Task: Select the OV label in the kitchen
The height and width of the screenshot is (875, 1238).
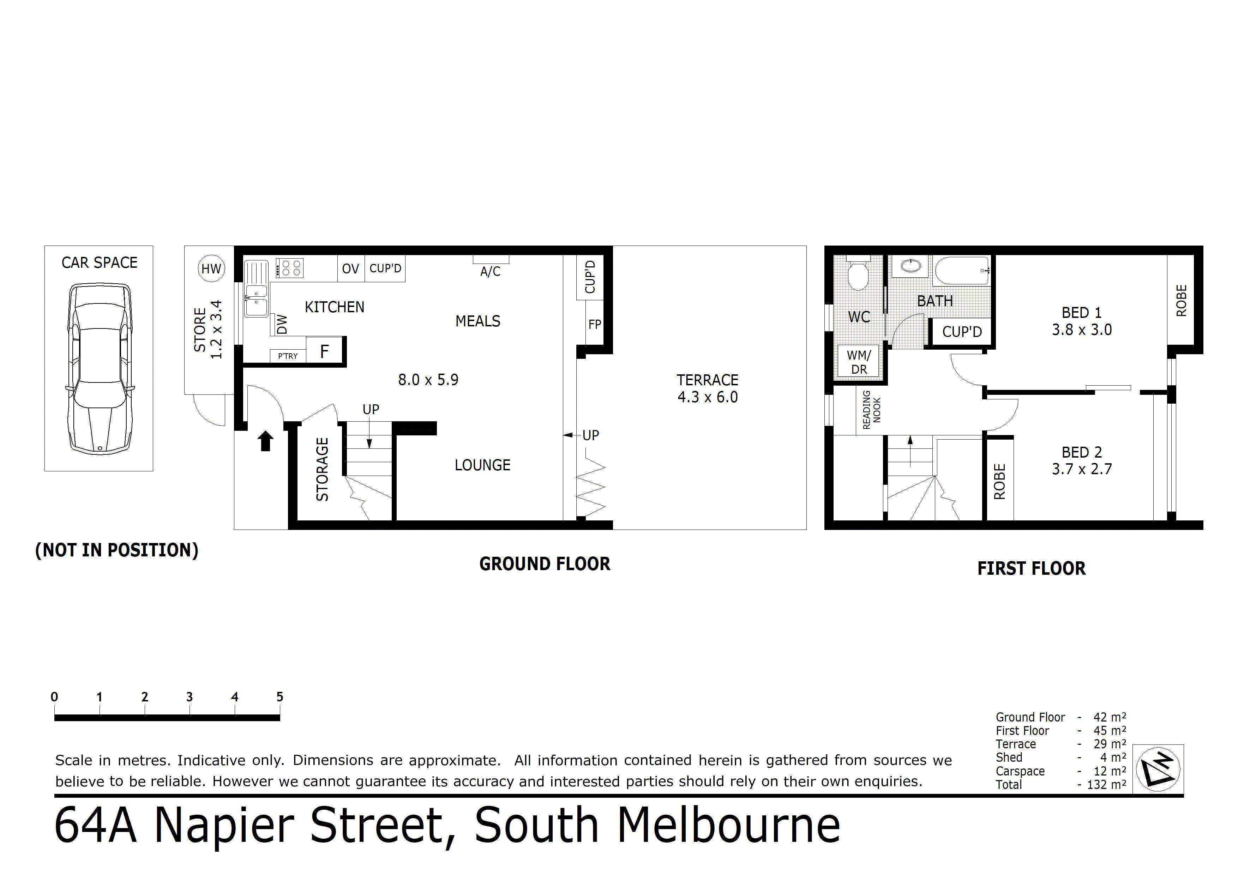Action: pyautogui.click(x=350, y=268)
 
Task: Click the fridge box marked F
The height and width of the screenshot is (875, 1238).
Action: pyautogui.click(x=325, y=351)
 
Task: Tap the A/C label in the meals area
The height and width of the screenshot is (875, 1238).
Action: pyautogui.click(x=490, y=271)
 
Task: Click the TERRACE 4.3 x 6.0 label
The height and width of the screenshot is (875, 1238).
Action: pyautogui.click(x=708, y=388)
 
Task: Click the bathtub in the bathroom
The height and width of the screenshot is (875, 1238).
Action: pyautogui.click(x=961, y=271)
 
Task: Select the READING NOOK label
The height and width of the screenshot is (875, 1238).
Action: pyautogui.click(x=871, y=410)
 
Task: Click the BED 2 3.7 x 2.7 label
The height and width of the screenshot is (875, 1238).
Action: pyautogui.click(x=1082, y=460)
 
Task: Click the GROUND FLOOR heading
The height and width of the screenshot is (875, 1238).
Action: pyautogui.click(x=545, y=564)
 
